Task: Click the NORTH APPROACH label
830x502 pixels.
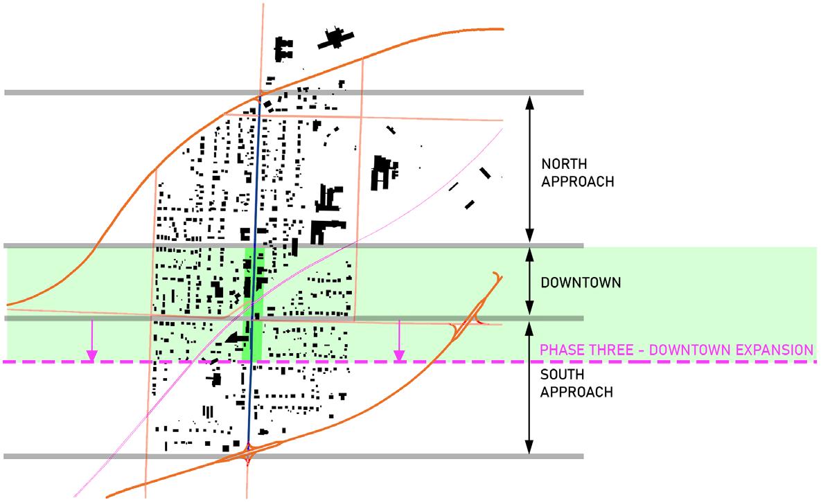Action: tap(577, 173)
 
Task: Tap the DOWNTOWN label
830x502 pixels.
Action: tap(572, 283)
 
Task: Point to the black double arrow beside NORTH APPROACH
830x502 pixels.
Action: tap(529, 169)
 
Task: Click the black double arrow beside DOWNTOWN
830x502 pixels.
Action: tap(529, 283)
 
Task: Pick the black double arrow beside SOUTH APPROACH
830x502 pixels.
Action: tap(529, 388)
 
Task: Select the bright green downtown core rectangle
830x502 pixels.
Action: tap(254, 305)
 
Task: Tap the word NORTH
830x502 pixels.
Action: tap(565, 165)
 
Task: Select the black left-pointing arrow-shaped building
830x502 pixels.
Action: tap(236, 338)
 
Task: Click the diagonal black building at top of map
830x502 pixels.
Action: tap(337, 39)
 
